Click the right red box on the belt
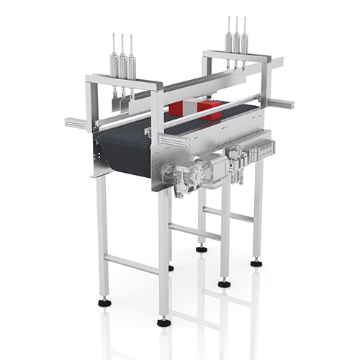pos(210,110)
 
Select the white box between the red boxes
pos(194,109)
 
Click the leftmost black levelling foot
pos(106,302)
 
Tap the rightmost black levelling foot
pos(256,264)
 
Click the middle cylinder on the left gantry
pos(122,62)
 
